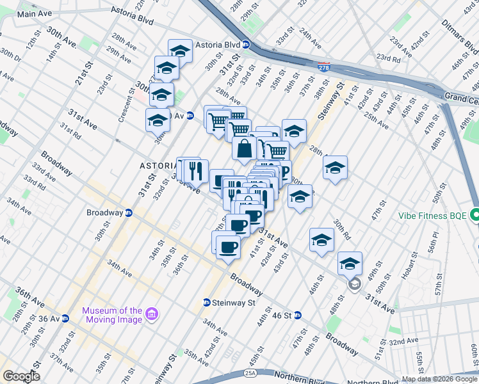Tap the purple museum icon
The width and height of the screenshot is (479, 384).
tap(152, 314)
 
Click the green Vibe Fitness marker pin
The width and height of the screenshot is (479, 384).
tap(475, 215)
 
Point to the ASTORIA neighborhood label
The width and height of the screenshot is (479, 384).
tap(158, 166)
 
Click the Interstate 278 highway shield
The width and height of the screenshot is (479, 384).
tap(325, 65)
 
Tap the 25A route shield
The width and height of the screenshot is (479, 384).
tap(250, 373)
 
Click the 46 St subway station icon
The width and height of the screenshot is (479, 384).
tap(298, 315)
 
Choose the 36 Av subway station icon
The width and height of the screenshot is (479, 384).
tap(65, 318)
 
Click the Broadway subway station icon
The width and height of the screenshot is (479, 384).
tap(128, 213)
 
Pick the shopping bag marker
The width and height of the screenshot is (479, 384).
tap(245, 149)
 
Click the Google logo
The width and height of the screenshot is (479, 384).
tap(20, 376)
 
